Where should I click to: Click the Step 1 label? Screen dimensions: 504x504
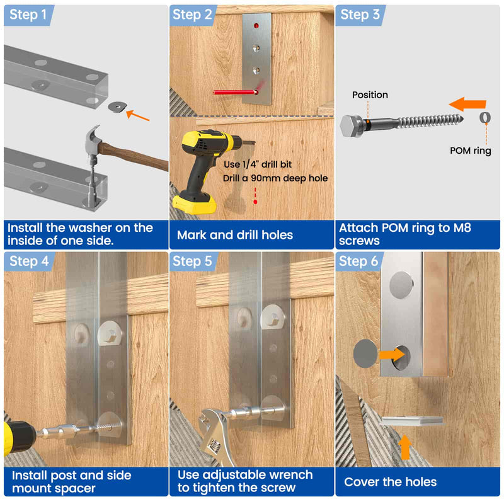click(28, 14)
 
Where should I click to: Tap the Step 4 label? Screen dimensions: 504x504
click(28, 261)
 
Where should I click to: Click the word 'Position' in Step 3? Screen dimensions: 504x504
click(370, 94)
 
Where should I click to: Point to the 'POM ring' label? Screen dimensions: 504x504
click(470, 151)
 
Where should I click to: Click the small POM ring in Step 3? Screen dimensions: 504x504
click(485, 117)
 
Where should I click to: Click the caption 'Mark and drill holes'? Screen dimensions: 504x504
click(235, 235)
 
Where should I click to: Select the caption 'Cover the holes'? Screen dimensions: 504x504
click(391, 482)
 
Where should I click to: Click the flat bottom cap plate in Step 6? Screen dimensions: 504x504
click(411, 421)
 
